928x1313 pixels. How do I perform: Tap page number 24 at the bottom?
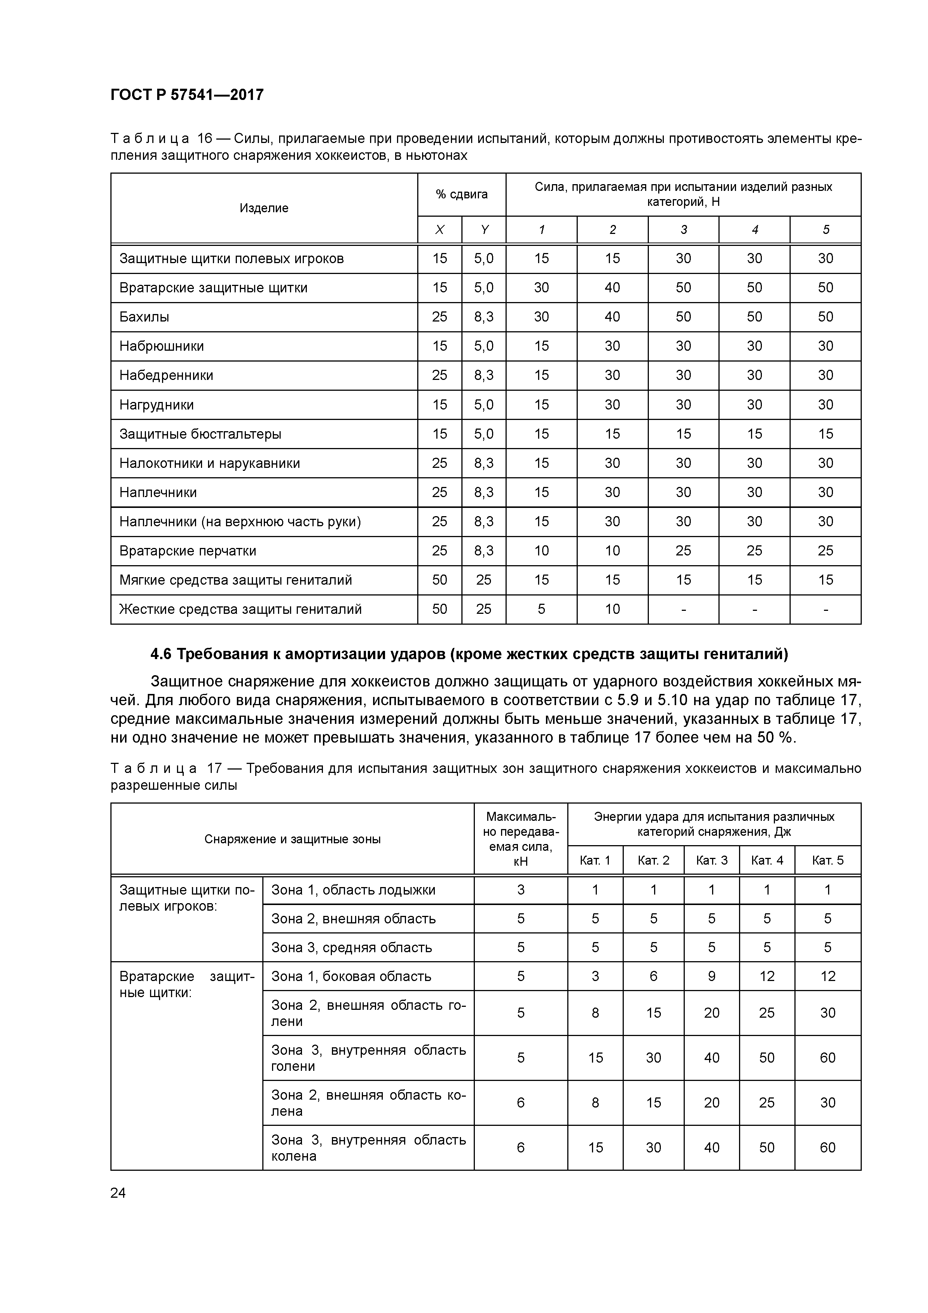pyautogui.click(x=118, y=1192)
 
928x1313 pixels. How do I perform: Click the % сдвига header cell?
pyautogui.click(x=461, y=194)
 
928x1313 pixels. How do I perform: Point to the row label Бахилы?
pyautogui.click(x=144, y=317)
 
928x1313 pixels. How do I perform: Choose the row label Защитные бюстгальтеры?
pyautogui.click(x=200, y=434)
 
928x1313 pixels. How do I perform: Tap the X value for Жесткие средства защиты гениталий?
pyautogui.click(x=439, y=609)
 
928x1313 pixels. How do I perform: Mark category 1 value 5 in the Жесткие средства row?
pyautogui.click(x=541, y=609)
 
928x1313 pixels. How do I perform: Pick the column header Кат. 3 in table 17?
pyautogui.click(x=711, y=860)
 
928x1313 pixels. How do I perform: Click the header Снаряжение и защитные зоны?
pyautogui.click(x=292, y=839)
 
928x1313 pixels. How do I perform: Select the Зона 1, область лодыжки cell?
pyautogui.click(x=353, y=890)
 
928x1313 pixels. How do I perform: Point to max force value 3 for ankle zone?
pyautogui.click(x=521, y=890)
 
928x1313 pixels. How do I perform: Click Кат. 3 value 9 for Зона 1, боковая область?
pyautogui.click(x=711, y=976)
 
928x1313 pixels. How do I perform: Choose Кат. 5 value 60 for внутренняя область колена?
pyautogui.click(x=827, y=1148)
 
